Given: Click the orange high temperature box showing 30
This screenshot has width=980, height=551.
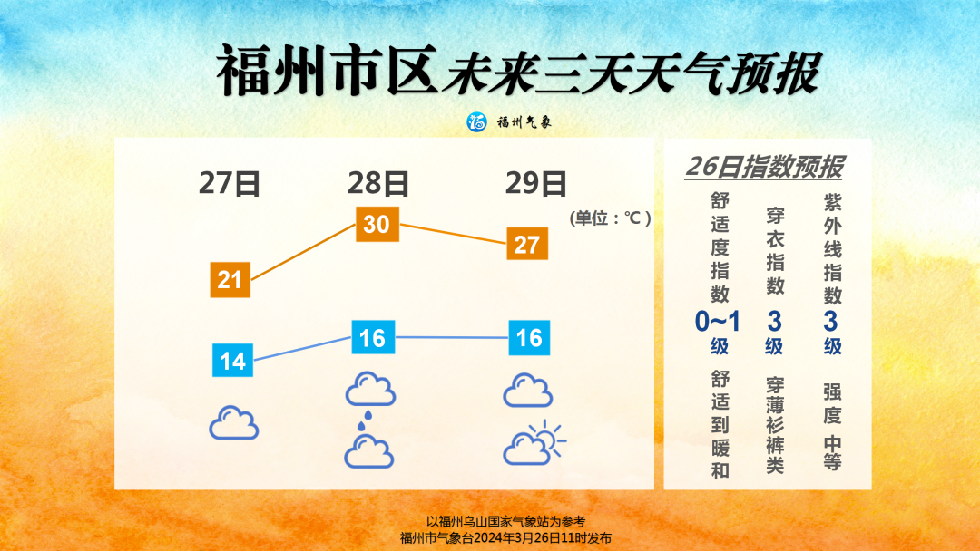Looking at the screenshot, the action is pyautogui.click(x=377, y=224).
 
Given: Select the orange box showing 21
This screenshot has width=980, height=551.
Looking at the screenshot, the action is pyautogui.click(x=230, y=279).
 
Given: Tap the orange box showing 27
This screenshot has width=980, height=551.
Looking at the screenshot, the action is pyautogui.click(x=527, y=244).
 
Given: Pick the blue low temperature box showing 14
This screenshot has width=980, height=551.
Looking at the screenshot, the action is pyautogui.click(x=232, y=361).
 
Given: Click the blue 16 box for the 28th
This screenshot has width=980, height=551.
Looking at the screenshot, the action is pyautogui.click(x=373, y=338).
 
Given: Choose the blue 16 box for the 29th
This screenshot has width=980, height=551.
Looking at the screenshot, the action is pyautogui.click(x=529, y=338).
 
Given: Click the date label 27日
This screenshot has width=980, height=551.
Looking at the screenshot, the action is pyautogui.click(x=230, y=183).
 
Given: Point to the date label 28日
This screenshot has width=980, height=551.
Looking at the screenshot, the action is pyautogui.click(x=378, y=183).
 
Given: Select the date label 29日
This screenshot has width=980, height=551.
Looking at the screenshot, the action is pyautogui.click(x=535, y=183).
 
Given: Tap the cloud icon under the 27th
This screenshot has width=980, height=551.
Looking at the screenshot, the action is pyautogui.click(x=234, y=423).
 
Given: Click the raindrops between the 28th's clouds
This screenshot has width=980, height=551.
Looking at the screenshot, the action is pyautogui.click(x=365, y=420).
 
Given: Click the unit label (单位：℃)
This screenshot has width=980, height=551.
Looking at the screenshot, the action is pyautogui.click(x=610, y=217).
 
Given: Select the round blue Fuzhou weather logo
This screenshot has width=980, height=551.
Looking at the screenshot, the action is pyautogui.click(x=477, y=121).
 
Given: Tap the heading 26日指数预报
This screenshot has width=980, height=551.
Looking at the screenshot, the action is pyautogui.click(x=764, y=167).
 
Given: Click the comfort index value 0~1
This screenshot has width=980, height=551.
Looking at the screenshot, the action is pyautogui.click(x=718, y=322).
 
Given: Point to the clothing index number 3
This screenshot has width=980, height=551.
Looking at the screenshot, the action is pyautogui.click(x=774, y=322).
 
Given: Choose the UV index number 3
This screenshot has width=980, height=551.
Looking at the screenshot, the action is pyautogui.click(x=830, y=322).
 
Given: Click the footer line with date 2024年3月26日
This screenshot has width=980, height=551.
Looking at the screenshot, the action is pyautogui.click(x=505, y=538).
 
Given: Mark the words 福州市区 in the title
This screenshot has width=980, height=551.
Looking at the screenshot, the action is pyautogui.click(x=328, y=70).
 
